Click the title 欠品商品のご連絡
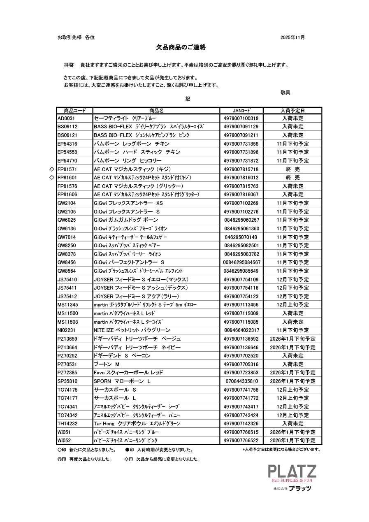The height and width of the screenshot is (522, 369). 181,47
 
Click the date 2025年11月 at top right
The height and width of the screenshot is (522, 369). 292,37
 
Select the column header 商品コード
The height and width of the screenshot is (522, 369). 74,110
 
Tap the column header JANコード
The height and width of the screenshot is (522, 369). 241,110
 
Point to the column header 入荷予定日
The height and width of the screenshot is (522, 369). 292,110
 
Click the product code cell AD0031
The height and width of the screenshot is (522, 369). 66,118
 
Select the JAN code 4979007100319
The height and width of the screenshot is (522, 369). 241,118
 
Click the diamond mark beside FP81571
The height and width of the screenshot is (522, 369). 52,169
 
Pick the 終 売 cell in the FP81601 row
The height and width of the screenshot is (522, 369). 292,178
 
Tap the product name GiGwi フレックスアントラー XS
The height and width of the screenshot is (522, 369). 128,203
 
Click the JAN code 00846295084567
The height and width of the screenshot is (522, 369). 241,262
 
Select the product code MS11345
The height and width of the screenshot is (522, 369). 67,305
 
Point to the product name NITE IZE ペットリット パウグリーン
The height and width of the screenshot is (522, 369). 132,330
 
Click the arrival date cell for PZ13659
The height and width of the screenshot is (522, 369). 292,339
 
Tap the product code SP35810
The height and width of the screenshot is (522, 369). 67,381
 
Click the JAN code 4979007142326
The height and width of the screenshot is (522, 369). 241,424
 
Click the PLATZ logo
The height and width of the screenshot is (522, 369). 292,471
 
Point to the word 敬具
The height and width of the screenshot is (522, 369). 285,93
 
